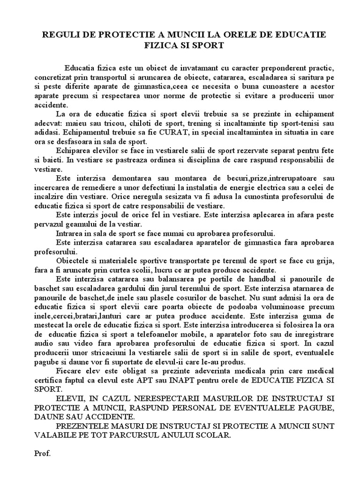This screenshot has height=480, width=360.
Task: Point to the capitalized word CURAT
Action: [x=172, y=132]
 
